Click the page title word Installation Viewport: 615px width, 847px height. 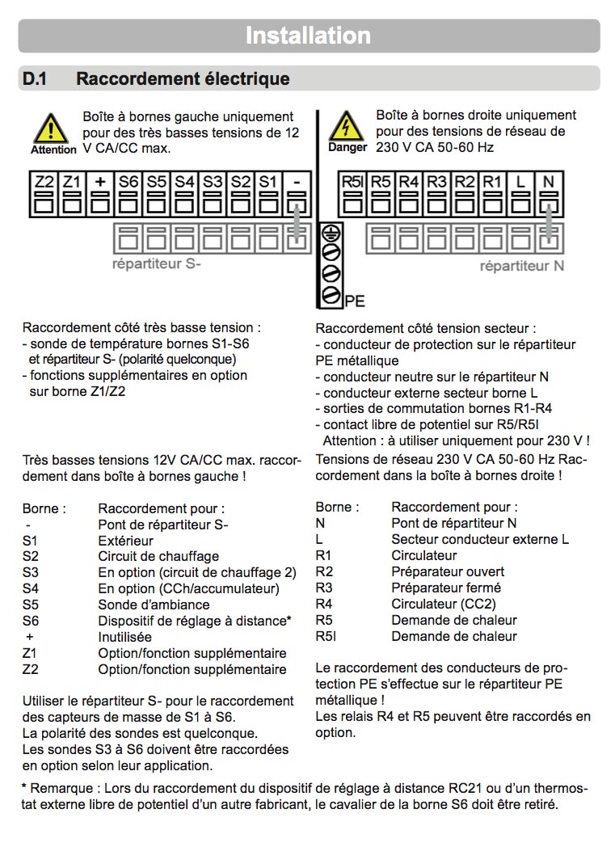[308, 36]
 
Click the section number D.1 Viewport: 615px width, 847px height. [36, 78]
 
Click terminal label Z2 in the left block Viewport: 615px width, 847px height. [44, 182]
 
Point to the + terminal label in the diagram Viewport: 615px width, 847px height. [99, 182]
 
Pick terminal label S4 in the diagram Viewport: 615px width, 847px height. [184, 182]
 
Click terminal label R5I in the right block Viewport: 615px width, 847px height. [352, 182]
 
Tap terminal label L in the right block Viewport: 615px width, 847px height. [520, 182]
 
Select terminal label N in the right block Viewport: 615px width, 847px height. [549, 182]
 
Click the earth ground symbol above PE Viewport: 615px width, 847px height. [330, 234]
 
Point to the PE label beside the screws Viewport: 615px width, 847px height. [355, 301]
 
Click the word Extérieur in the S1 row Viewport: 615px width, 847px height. [125, 540]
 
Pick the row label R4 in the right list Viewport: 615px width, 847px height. [324, 604]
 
